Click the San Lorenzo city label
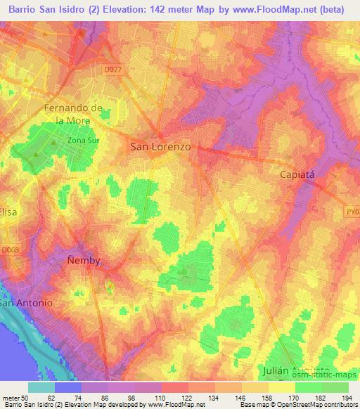coord(161,147)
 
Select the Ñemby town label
coord(84,260)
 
